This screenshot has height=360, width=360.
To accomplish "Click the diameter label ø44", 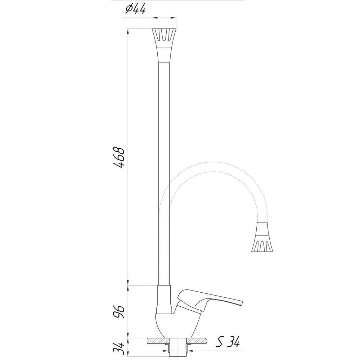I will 135,9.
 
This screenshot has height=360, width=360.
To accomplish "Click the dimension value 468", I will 119,158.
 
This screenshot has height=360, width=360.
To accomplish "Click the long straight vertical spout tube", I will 165,173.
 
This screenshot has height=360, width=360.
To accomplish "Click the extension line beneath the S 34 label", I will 223,350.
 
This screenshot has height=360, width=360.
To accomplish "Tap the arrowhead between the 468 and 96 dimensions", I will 129,285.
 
